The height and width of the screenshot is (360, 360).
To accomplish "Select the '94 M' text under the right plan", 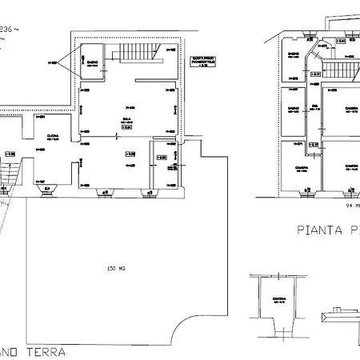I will point(350,204).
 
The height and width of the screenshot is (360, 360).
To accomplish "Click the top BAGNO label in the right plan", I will point(293,56).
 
